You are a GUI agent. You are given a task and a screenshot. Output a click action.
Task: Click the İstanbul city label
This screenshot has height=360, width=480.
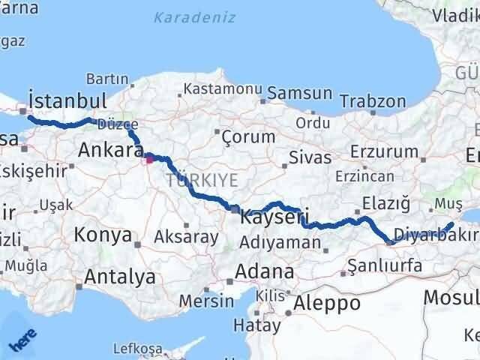66,100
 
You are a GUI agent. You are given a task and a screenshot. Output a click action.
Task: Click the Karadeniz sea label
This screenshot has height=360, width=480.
195,17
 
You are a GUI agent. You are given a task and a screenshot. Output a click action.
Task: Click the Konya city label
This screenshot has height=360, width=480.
103,235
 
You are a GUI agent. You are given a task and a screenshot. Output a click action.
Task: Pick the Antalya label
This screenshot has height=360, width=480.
120,277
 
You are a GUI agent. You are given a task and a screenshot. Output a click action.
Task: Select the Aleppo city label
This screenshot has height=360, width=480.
327,303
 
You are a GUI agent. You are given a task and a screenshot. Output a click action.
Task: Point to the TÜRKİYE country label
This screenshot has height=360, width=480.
202,181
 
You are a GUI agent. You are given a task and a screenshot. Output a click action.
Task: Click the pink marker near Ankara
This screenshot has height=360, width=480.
149,158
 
